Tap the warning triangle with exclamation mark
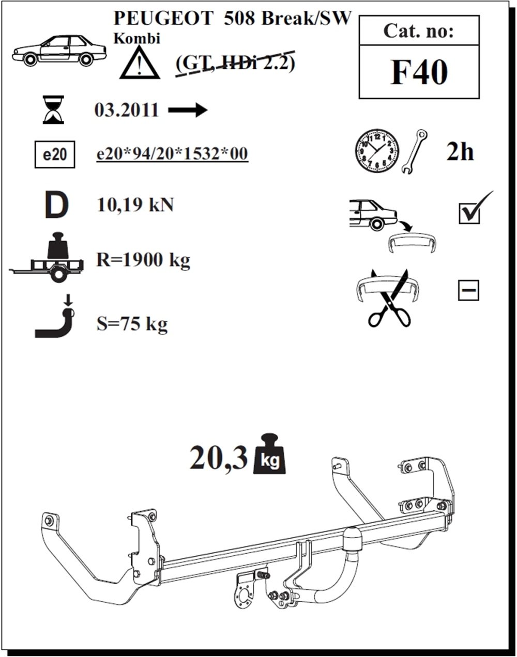click(x=140, y=63)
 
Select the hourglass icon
click(x=53, y=109)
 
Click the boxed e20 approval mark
click(x=55, y=154)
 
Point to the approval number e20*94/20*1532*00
click(x=172, y=153)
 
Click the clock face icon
click(x=377, y=151)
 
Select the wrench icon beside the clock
click(x=414, y=152)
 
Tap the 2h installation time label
click(x=460, y=151)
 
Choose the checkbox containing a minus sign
click(x=468, y=290)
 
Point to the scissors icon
click(x=389, y=298)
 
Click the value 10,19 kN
click(x=135, y=205)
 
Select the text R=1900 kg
click(x=143, y=260)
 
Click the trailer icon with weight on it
click(x=47, y=257)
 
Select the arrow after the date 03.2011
click(x=188, y=110)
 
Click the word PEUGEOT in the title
click(x=163, y=18)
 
